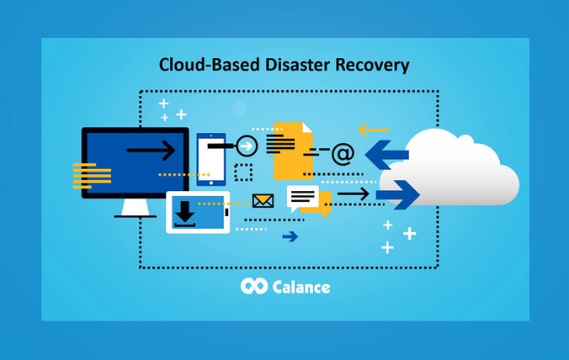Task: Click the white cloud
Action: [459, 168]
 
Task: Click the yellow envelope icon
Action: [263, 200]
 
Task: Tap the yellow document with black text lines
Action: [289, 147]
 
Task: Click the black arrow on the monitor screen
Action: [151, 151]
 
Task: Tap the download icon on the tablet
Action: [184, 214]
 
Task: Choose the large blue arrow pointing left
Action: [386, 154]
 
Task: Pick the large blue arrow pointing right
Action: [397, 194]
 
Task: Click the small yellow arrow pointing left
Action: [373, 130]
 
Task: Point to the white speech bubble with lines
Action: [304, 198]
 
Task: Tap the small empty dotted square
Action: [243, 172]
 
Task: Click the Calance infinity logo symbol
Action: [253, 287]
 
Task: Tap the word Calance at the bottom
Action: [301, 287]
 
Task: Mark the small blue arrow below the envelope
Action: [290, 236]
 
